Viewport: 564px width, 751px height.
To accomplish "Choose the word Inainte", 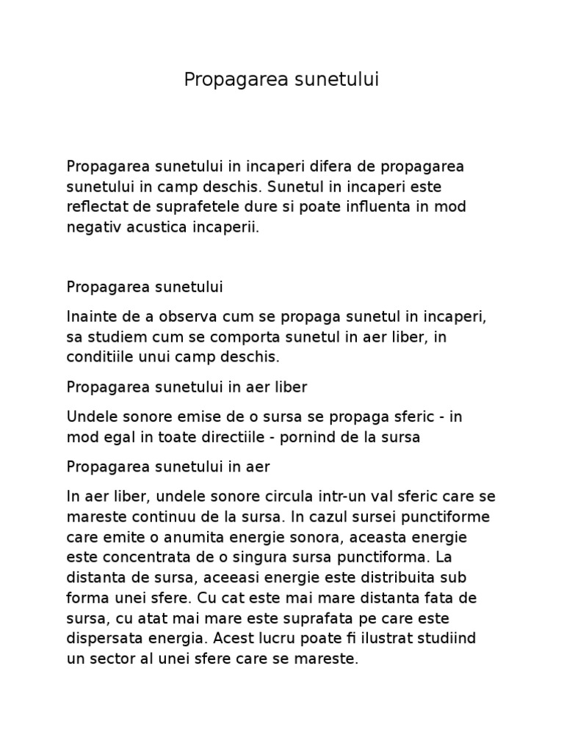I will [90, 316].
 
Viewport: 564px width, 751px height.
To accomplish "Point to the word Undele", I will [89, 417].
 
